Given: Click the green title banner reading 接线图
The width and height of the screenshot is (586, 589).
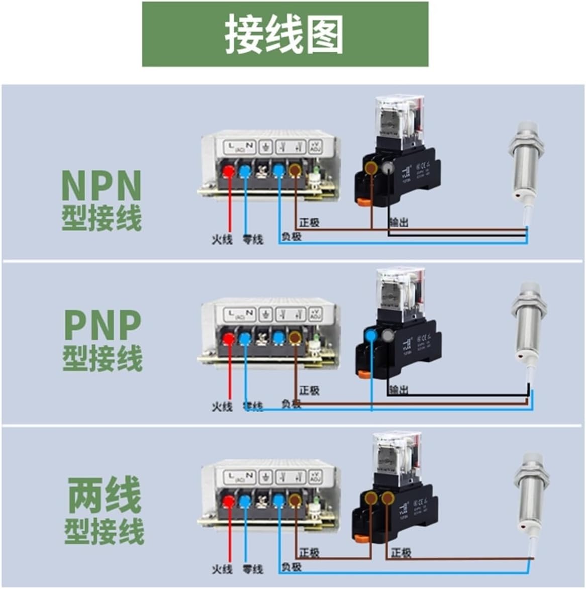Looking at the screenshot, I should pyautogui.click(x=285, y=34).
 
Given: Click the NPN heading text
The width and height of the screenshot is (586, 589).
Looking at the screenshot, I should pyautogui.click(x=101, y=185).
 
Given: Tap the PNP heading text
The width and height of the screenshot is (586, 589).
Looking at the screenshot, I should pyautogui.click(x=103, y=326).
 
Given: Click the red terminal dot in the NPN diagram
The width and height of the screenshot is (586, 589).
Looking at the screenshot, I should pyautogui.click(x=228, y=171).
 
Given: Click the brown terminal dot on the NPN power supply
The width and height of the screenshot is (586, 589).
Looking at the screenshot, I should pyautogui.click(x=295, y=171).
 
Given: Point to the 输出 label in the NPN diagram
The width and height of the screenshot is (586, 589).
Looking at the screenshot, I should pyautogui.click(x=399, y=222).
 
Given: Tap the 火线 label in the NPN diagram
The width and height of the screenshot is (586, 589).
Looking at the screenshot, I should pyautogui.click(x=222, y=239).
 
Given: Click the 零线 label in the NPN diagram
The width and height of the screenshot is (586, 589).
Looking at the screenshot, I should pyautogui.click(x=253, y=239).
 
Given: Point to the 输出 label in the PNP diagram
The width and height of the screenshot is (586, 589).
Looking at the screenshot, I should pyautogui.click(x=399, y=389).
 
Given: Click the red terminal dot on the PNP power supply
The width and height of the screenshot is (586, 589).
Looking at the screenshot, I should pyautogui.click(x=228, y=338).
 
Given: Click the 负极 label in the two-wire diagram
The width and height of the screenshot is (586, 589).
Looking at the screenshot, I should pyautogui.click(x=291, y=567).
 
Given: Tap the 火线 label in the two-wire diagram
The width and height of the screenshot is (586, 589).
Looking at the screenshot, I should pyautogui.click(x=222, y=569).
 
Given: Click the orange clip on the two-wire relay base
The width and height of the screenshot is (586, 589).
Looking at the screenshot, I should pyautogui.click(x=361, y=538).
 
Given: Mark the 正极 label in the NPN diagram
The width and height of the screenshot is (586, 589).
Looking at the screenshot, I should pyautogui.click(x=309, y=222).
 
